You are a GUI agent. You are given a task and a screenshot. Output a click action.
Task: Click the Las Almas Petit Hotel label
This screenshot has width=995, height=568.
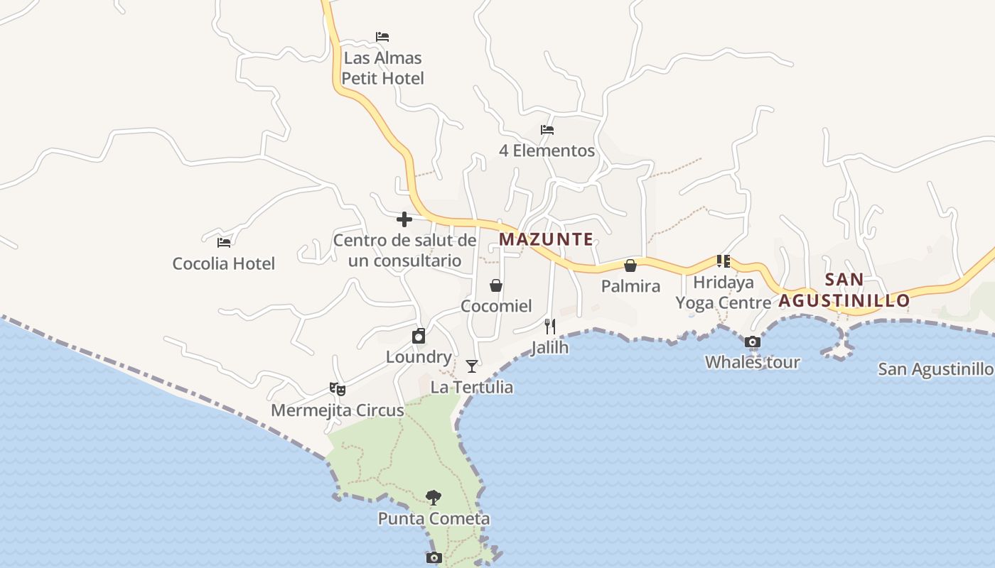coord(382,68)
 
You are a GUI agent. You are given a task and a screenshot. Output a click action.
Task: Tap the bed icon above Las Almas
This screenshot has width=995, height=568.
coord(382,37)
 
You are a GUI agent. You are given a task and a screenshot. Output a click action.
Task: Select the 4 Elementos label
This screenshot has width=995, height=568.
coord(547,151)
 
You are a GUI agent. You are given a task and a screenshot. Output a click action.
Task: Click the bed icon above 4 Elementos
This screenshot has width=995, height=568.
coord(547,130)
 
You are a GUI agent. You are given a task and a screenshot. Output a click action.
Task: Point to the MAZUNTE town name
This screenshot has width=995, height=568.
coord(546,239)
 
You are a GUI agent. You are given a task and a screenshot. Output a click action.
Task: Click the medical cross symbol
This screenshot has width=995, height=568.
coord(404,219)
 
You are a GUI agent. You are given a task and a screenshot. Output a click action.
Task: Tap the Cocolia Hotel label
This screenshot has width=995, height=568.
coord(223,263)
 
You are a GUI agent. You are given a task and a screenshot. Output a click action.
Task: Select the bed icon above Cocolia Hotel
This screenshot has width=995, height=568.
coord(224,243)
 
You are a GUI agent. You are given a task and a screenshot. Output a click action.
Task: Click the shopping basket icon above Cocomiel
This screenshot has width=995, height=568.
coord(496,285)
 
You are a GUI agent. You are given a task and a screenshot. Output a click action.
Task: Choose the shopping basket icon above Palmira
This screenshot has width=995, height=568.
coord(630,266)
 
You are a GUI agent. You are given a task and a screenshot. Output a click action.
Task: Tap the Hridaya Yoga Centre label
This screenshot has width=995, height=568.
coord(724,293)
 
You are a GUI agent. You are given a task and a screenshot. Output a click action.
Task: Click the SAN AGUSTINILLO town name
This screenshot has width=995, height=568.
coord(844,290)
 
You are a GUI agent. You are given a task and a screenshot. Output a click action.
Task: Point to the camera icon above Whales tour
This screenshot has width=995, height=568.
coord(753,342)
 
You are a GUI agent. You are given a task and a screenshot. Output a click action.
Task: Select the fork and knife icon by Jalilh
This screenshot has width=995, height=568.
coord(549,327)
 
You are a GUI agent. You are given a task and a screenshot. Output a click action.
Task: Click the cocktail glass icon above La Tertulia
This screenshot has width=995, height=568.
coord(472,366)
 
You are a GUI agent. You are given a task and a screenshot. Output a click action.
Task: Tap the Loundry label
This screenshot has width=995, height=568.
coord(419,356)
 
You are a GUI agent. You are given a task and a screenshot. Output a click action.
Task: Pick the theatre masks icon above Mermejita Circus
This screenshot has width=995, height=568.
coord(338,389)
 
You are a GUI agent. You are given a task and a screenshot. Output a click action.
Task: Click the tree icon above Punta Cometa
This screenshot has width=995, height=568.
coord(434,497)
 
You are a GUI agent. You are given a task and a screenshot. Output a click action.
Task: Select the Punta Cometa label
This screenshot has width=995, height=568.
coord(434,519)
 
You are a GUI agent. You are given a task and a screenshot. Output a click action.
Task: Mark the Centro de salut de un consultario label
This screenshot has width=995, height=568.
coord(404,250)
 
